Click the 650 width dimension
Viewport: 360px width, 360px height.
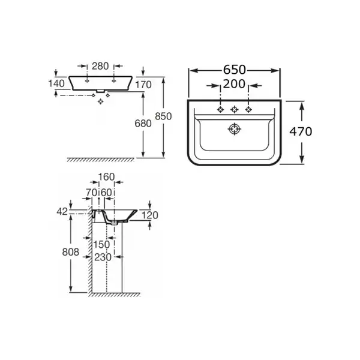pyautogui.click(x=235, y=70)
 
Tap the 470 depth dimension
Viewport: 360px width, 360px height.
pyautogui.click(x=301, y=131)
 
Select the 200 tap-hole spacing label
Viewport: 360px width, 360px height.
pyautogui.click(x=234, y=84)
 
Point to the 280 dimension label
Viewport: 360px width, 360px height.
pyautogui.click(x=100, y=66)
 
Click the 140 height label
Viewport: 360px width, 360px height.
pyautogui.click(x=56, y=83)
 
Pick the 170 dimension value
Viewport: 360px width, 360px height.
pyautogui.click(x=143, y=85)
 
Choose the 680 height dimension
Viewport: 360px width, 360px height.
pyautogui.click(x=143, y=124)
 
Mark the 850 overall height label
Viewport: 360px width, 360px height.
pyautogui.click(x=163, y=116)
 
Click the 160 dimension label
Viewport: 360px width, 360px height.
pyautogui.click(x=106, y=177)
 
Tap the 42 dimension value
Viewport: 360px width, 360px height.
pyautogui.click(x=62, y=212)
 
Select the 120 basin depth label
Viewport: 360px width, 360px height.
pyautogui.click(x=150, y=215)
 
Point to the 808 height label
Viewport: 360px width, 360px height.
pyautogui.click(x=71, y=252)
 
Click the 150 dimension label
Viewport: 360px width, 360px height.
pyautogui.click(x=101, y=245)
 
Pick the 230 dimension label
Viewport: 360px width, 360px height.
pyautogui.click(x=103, y=257)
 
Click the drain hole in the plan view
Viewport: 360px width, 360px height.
pyautogui.click(x=235, y=129)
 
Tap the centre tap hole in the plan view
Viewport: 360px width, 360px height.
pyautogui.click(x=235, y=110)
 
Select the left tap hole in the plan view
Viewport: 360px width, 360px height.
pyautogui.click(x=220, y=110)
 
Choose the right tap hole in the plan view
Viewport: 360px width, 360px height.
pyautogui.click(x=248, y=110)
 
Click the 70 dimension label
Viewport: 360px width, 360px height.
pyautogui.click(x=92, y=193)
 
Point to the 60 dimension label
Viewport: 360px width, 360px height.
pyautogui.click(x=106, y=193)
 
